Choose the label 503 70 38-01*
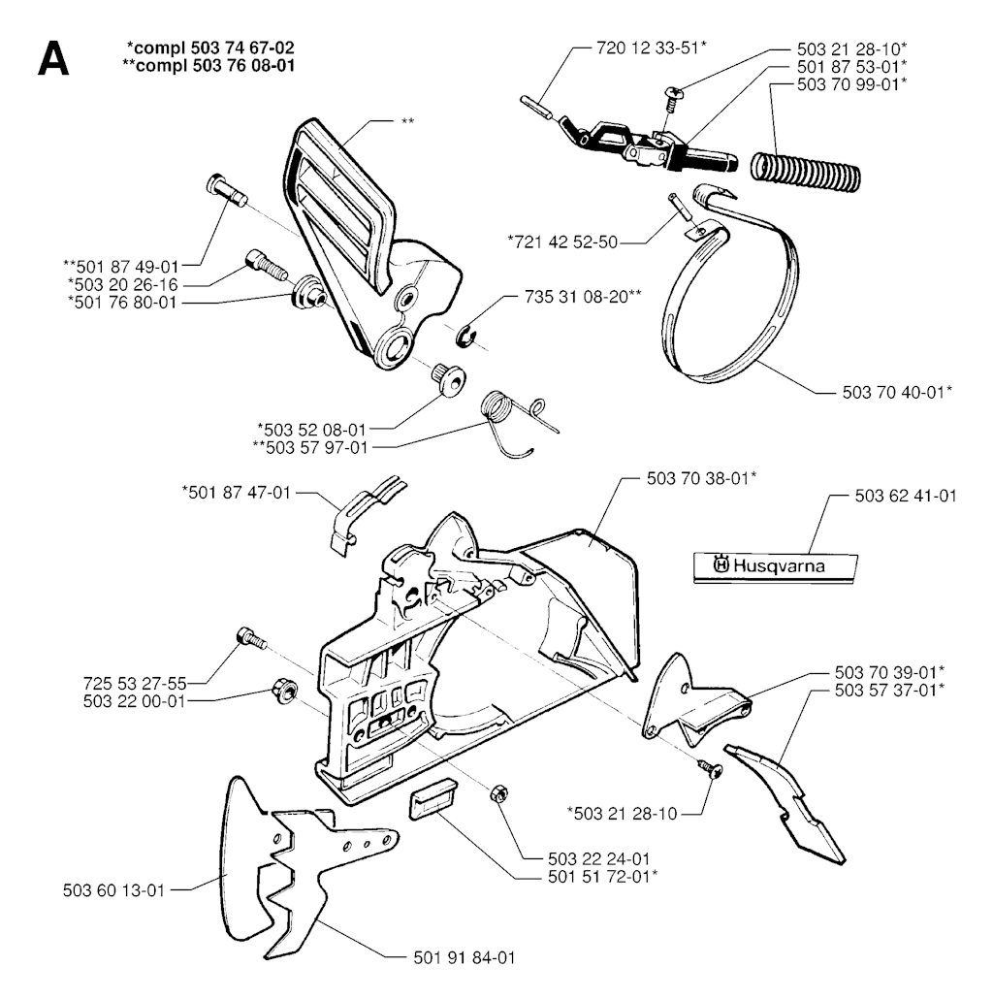(700, 478)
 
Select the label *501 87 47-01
(236, 493)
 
